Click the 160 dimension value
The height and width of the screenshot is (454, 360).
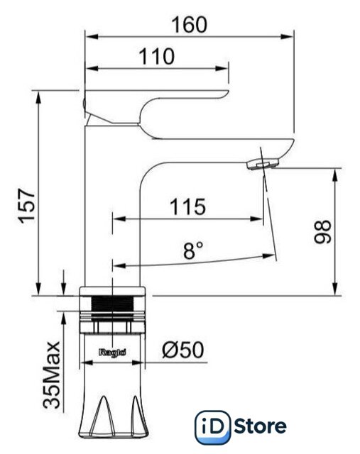[190, 25]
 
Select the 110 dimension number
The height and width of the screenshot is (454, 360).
[157, 57]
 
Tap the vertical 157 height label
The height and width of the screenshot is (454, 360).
[27, 206]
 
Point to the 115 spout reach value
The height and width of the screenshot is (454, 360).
[188, 206]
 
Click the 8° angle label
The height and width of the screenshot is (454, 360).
[193, 250]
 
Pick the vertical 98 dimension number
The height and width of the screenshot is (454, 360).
[322, 232]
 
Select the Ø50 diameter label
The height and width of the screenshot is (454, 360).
[183, 350]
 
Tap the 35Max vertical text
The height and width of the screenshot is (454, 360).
[52, 375]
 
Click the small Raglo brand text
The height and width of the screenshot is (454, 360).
[112, 353]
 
